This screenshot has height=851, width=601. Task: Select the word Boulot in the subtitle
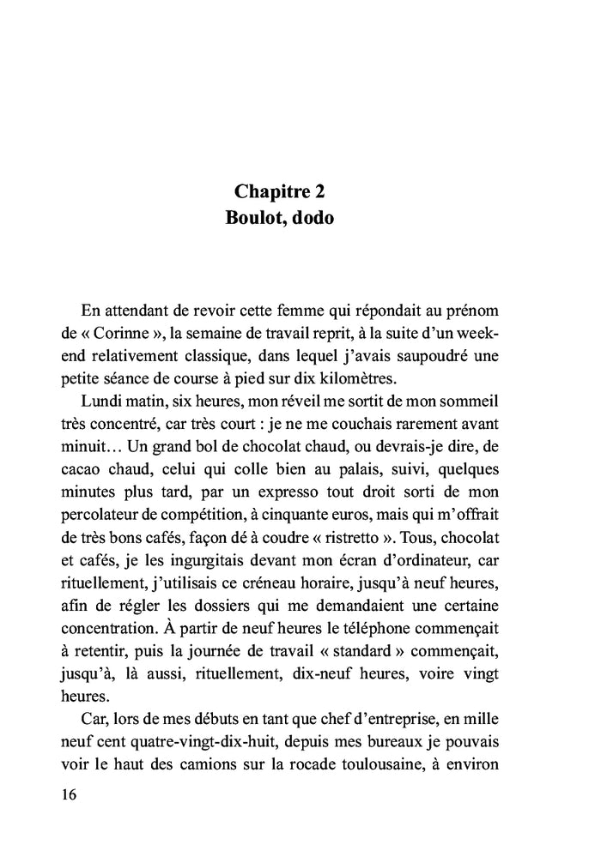click(x=254, y=218)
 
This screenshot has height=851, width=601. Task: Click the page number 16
click(x=70, y=794)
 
